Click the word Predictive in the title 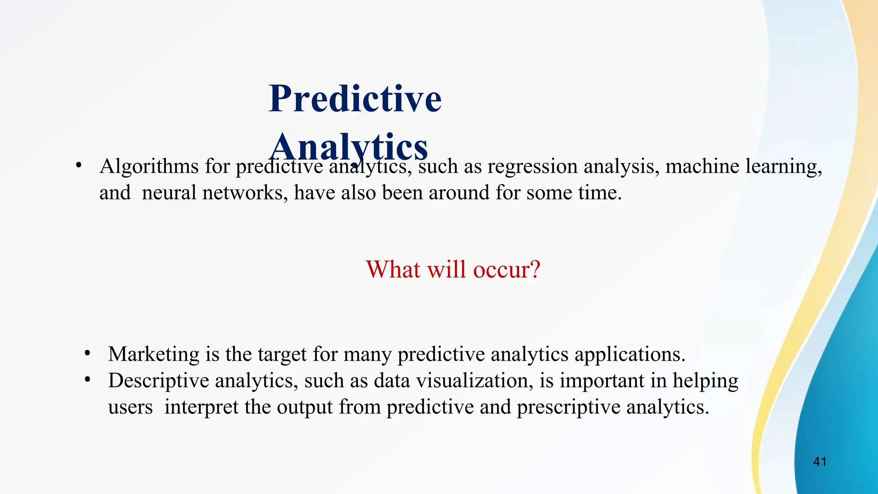355,99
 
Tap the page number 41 820,462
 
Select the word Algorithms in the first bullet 149,167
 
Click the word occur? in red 507,270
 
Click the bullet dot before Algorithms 78,166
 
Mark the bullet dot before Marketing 87,354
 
